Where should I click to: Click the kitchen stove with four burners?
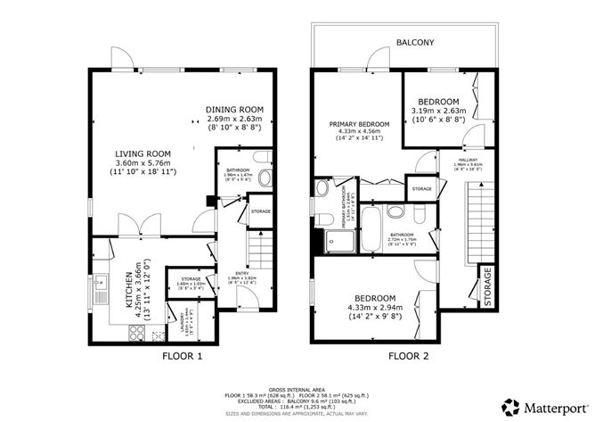[x=138, y=334]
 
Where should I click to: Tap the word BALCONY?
[x=415, y=41]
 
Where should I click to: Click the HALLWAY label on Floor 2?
[x=468, y=157]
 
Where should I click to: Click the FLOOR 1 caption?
[x=183, y=355]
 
